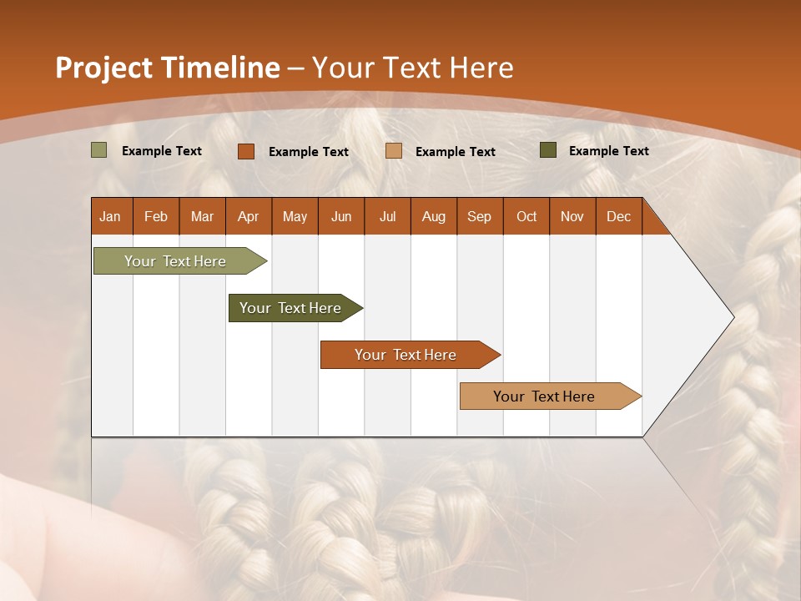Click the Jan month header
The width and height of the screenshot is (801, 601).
click(x=110, y=217)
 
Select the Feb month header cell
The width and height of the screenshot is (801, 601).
click(x=156, y=217)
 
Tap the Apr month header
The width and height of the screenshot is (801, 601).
click(x=248, y=217)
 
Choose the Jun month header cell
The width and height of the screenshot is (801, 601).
click(x=341, y=217)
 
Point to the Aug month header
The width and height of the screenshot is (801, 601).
click(x=433, y=217)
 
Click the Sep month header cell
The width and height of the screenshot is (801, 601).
click(x=479, y=217)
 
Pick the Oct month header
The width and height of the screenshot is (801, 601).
click(x=526, y=217)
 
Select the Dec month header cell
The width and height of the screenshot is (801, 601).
click(x=618, y=217)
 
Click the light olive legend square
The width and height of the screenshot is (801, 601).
click(x=98, y=150)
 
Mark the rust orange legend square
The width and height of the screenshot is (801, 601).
click(x=245, y=151)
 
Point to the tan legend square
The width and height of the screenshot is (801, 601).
click(x=394, y=151)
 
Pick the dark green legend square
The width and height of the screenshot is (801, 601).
click(x=547, y=150)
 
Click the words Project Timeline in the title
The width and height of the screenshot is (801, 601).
click(x=167, y=68)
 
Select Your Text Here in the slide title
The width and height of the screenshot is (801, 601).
click(x=412, y=68)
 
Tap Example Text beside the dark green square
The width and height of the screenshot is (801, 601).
click(x=608, y=151)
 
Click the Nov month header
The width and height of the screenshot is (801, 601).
click(x=572, y=217)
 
